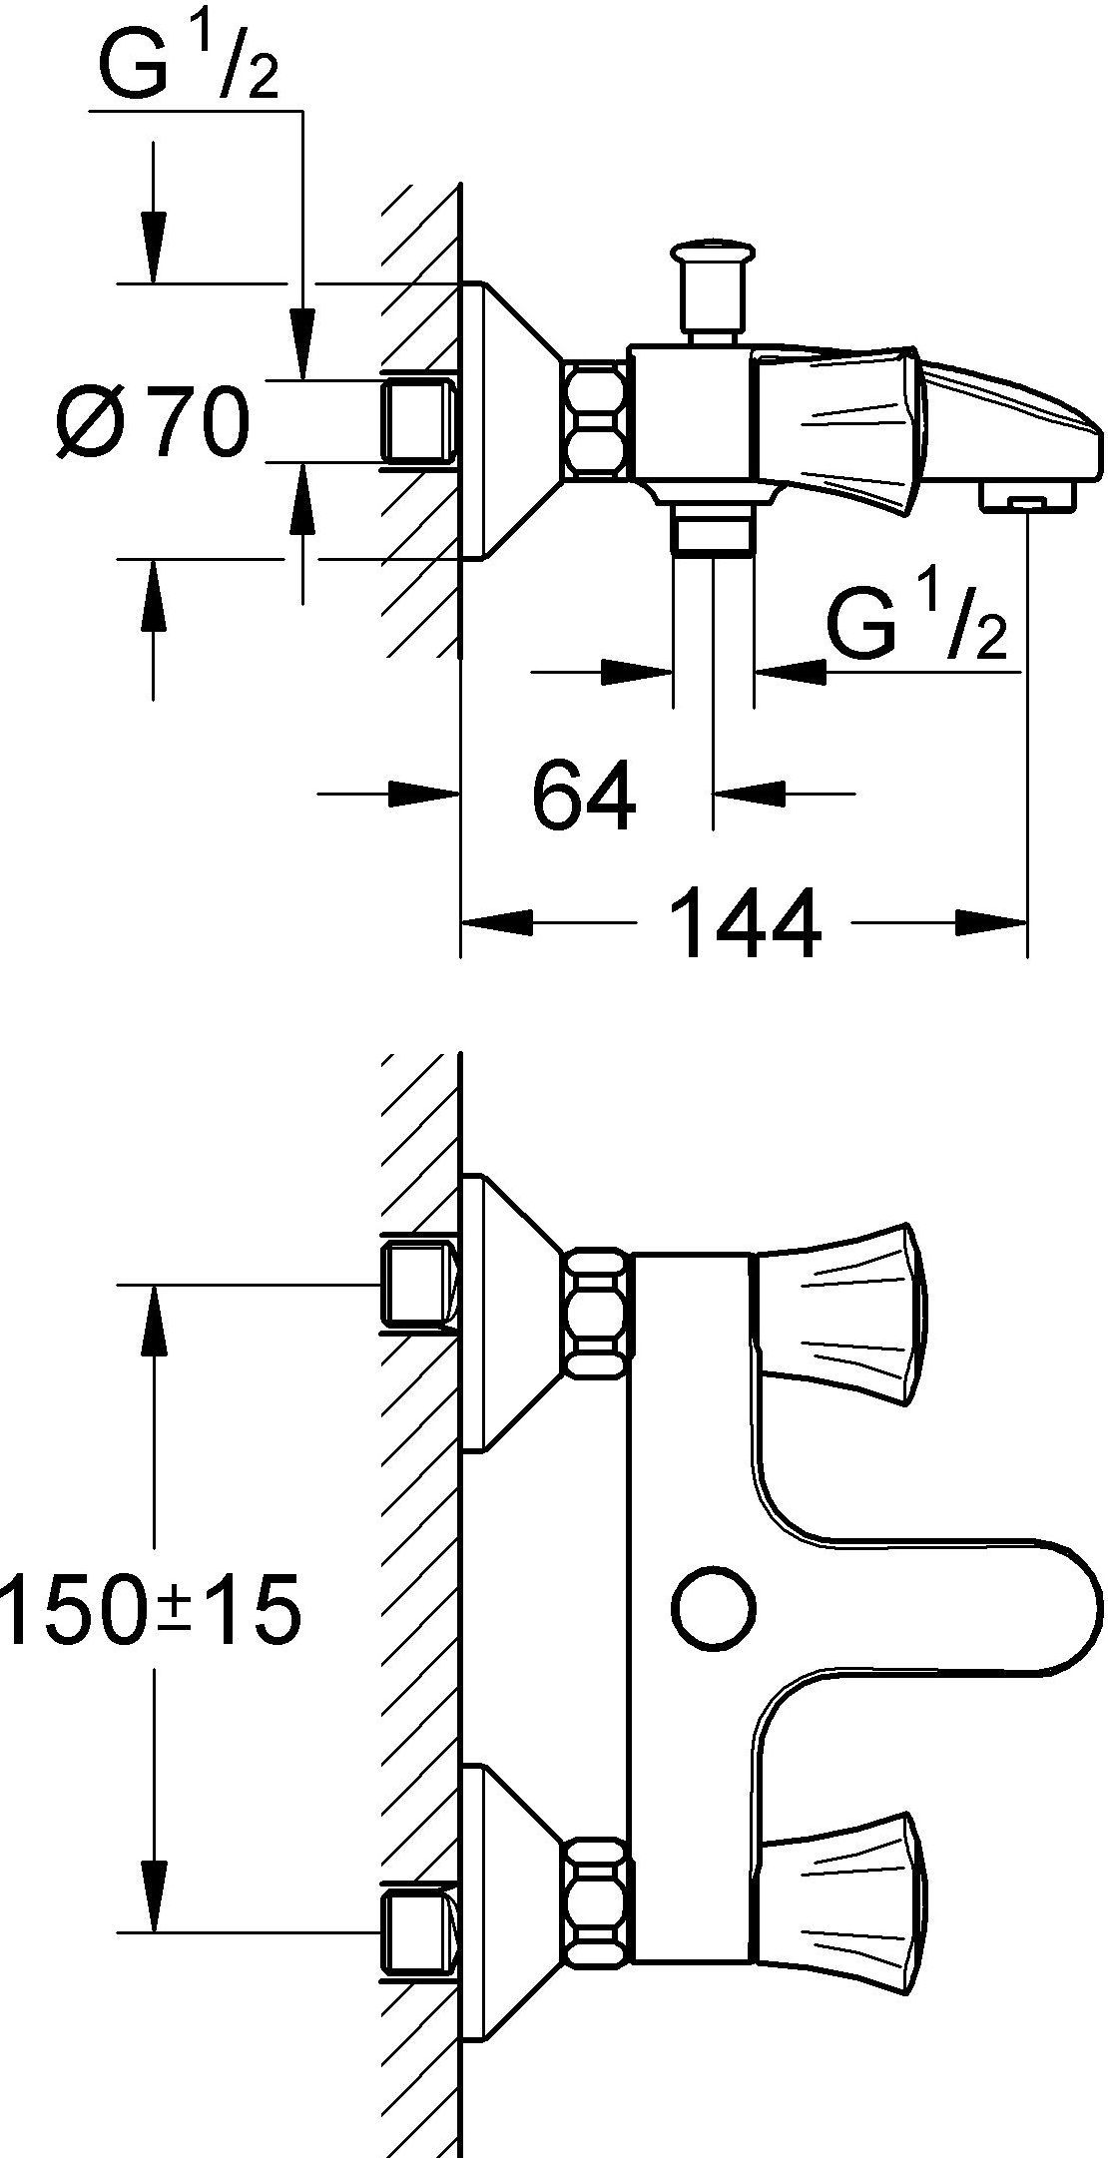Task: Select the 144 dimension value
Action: click(x=746, y=923)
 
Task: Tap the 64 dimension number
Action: click(x=584, y=796)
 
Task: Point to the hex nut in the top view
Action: click(x=596, y=420)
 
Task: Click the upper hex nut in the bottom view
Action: click(x=597, y=1314)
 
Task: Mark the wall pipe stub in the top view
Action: click(x=418, y=420)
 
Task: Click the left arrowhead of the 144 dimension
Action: click(x=495, y=922)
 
